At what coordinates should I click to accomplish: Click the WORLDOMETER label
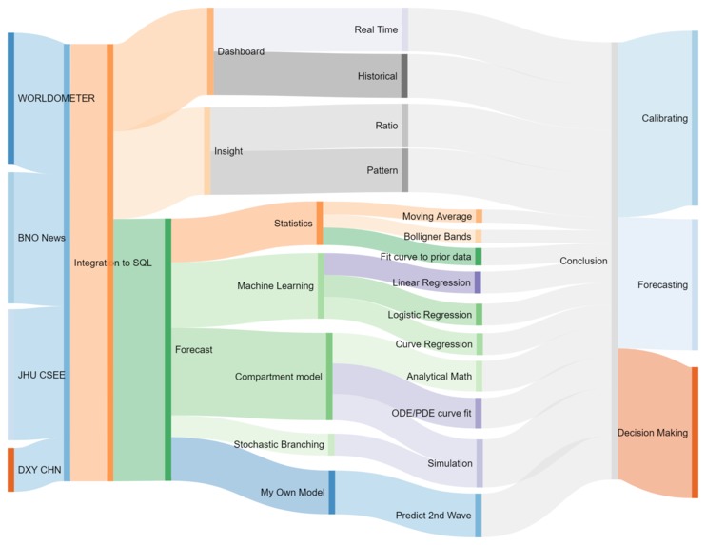[x=55, y=98]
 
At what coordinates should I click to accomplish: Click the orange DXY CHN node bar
[x=11, y=469]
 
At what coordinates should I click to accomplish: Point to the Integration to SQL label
[x=111, y=262]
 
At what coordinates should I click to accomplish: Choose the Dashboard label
[x=241, y=51]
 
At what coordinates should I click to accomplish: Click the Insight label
[x=228, y=151]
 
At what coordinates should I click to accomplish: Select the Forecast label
[x=194, y=349]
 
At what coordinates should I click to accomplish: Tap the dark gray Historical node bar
[x=404, y=76]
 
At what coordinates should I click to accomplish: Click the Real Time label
[x=376, y=29]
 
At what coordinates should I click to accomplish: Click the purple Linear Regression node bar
[x=478, y=282]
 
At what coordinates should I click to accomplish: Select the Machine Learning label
[x=275, y=285]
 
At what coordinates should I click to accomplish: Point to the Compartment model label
[x=279, y=377]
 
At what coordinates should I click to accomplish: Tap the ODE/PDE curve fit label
[x=432, y=413]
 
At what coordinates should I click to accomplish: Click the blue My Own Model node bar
[x=331, y=492]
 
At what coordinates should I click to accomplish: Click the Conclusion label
[x=583, y=261]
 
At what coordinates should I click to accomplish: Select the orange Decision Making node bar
[x=695, y=432]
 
